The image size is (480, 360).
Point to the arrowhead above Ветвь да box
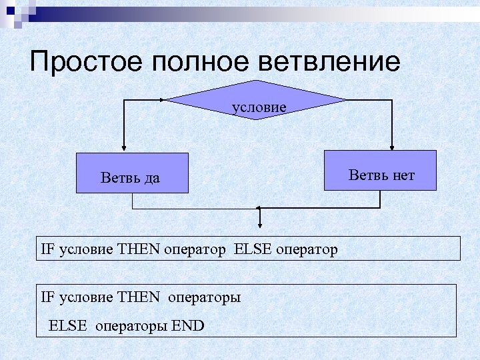tap(124, 148)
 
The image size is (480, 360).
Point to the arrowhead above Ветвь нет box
tap(392, 147)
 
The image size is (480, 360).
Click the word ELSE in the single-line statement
tap(250, 250)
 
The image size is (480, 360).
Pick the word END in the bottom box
tap(187, 326)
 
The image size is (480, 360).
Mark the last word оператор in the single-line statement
tap(304, 250)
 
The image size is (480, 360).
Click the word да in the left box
tap(151, 179)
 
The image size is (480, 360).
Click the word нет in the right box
tap(403, 176)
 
